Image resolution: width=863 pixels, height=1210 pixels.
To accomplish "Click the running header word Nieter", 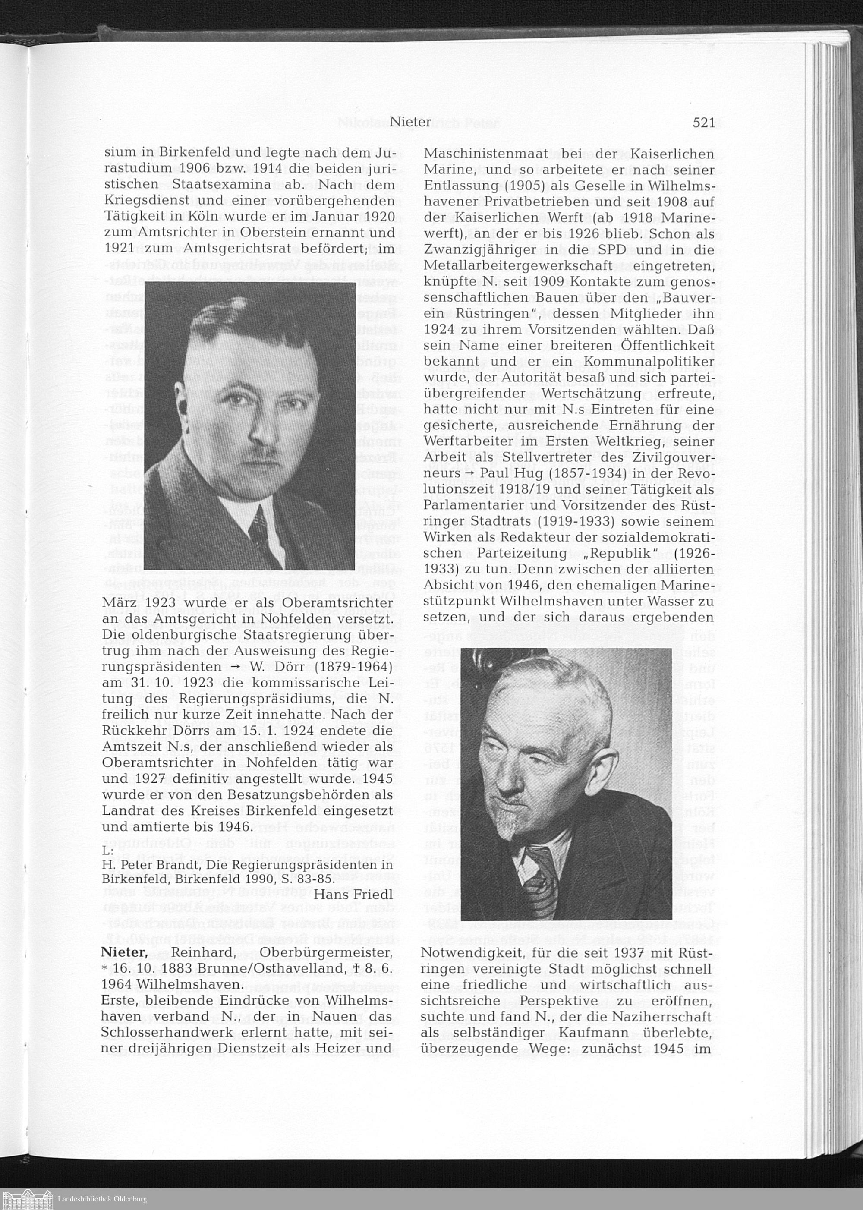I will tap(410, 122).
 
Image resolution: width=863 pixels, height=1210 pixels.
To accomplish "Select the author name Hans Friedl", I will tap(353, 894).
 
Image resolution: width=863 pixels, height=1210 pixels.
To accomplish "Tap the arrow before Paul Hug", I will tap(470, 473).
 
